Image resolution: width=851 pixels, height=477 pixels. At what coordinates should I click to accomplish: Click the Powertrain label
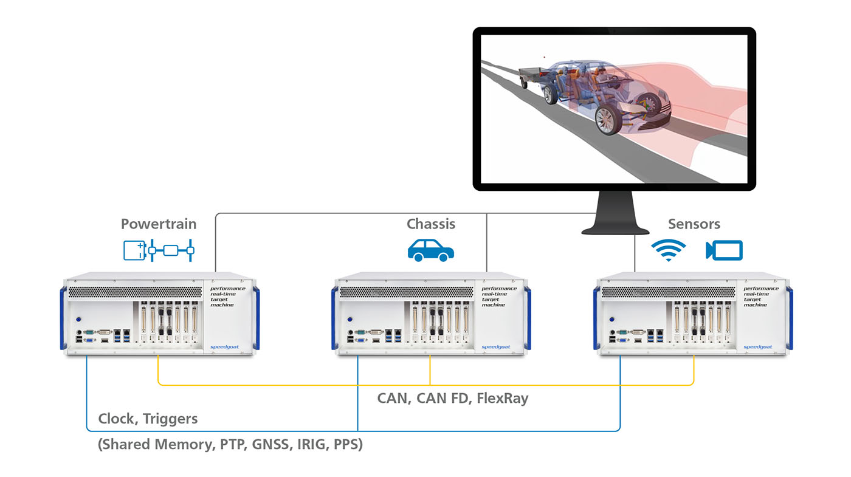159,224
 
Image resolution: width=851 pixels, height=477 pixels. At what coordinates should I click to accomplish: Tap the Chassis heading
431,224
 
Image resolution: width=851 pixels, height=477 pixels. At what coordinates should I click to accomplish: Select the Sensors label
694,224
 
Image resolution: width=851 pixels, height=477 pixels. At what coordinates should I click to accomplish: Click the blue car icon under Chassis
431,250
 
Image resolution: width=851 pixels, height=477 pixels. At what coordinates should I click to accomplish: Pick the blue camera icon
724,250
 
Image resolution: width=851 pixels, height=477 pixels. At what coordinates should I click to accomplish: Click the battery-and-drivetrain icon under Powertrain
159,250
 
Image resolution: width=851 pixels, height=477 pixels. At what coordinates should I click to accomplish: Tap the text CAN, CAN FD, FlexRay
453,399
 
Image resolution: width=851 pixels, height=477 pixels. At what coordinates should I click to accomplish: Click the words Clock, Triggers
148,419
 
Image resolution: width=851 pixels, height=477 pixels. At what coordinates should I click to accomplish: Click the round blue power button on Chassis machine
350,318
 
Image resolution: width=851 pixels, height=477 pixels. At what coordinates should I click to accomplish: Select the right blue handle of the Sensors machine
789,318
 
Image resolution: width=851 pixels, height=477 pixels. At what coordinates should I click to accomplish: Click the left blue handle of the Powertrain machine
63,318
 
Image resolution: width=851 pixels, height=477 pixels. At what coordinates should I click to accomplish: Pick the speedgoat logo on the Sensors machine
757,347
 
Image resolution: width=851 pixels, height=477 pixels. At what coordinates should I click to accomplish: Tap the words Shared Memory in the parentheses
155,445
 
